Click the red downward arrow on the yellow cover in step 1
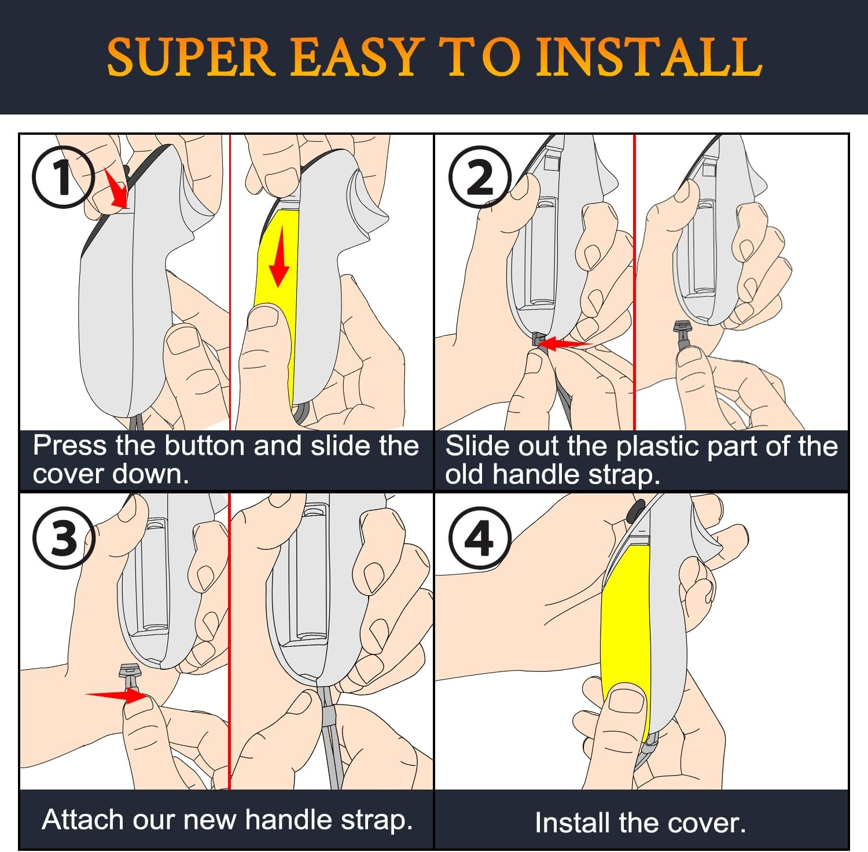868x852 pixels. point(279,256)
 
